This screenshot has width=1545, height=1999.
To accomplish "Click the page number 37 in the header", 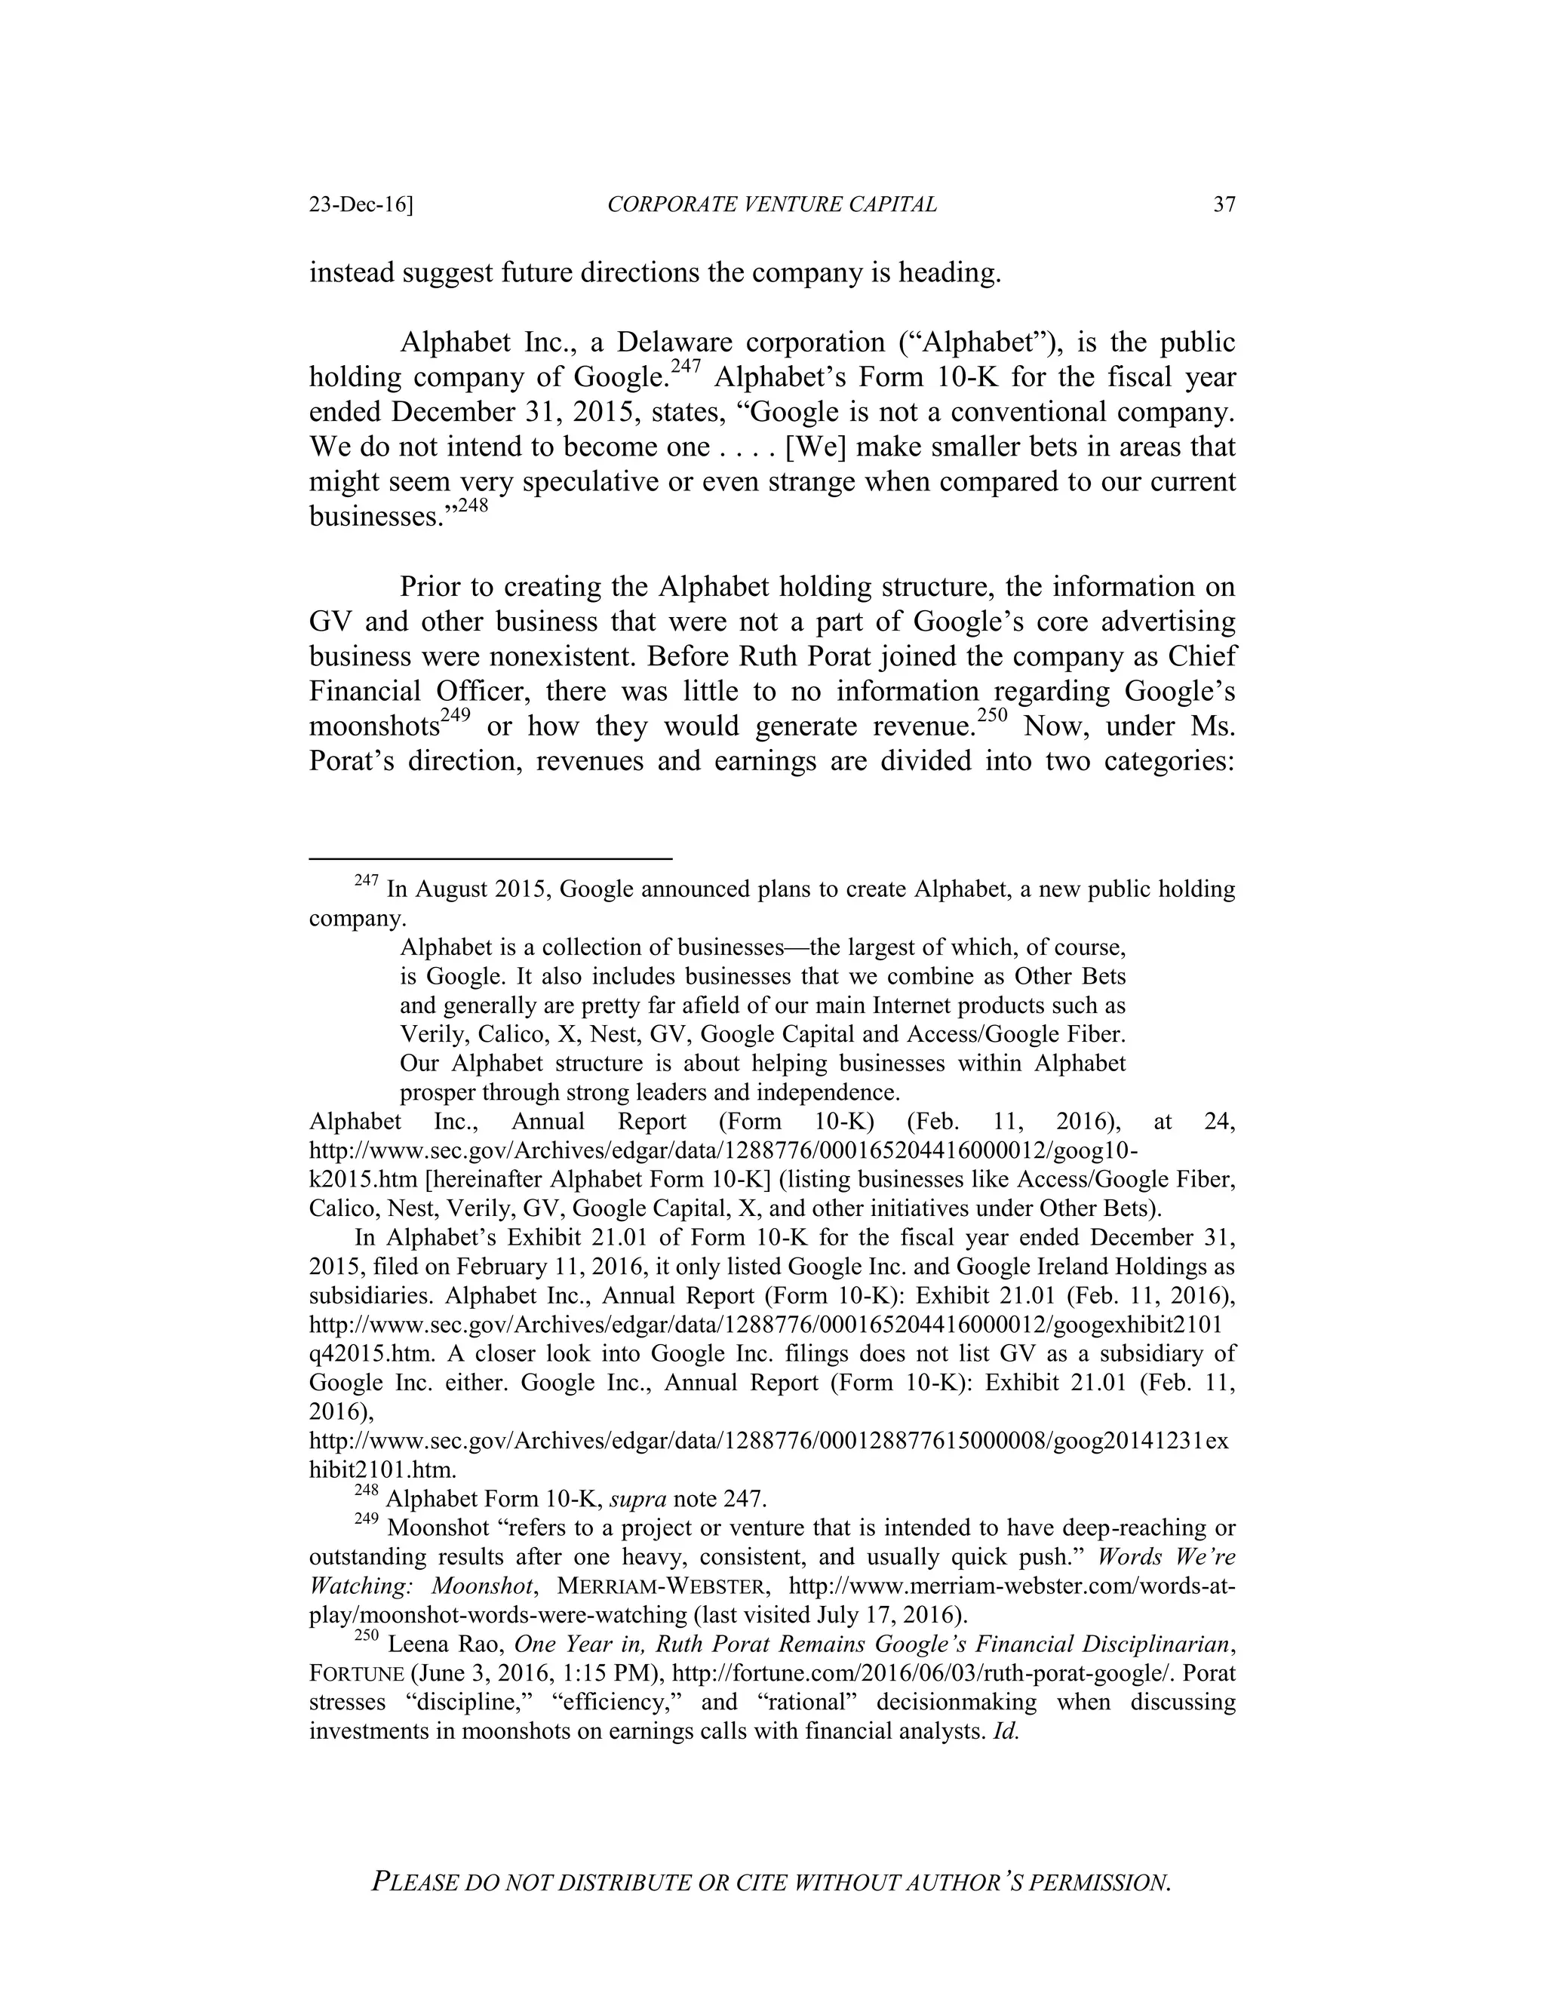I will tap(1224, 205).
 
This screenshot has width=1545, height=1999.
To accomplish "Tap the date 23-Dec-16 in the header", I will tap(361, 205).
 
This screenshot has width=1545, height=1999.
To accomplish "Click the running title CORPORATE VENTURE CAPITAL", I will tap(772, 205).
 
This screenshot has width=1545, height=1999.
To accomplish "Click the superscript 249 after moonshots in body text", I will tap(455, 715).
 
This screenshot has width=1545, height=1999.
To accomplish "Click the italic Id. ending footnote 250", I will tap(1006, 1730).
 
